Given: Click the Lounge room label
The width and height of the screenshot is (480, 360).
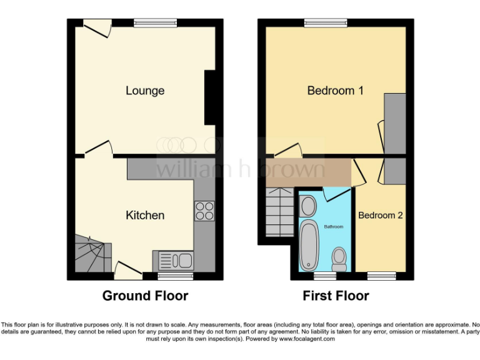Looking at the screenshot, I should point(145,91).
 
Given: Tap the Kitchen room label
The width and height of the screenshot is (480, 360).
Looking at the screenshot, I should point(145,216).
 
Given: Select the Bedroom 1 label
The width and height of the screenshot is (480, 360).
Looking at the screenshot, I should point(335,91).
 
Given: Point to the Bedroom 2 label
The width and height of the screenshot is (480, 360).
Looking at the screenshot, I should point(380,216).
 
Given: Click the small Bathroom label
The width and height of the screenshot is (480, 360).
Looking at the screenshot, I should point(333,227).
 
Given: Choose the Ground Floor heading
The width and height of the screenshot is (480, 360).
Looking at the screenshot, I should point(145,296).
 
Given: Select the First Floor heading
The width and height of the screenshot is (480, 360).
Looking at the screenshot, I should point(336,296).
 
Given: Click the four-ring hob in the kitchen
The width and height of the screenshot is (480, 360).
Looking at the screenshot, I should point(204,211).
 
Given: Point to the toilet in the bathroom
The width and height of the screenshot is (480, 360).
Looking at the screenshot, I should point(339,258).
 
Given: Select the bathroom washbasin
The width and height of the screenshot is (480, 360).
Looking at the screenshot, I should point(308,205).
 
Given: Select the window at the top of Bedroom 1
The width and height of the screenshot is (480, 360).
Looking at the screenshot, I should point(326,23).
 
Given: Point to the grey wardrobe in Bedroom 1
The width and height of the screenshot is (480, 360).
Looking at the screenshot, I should point(394,122).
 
